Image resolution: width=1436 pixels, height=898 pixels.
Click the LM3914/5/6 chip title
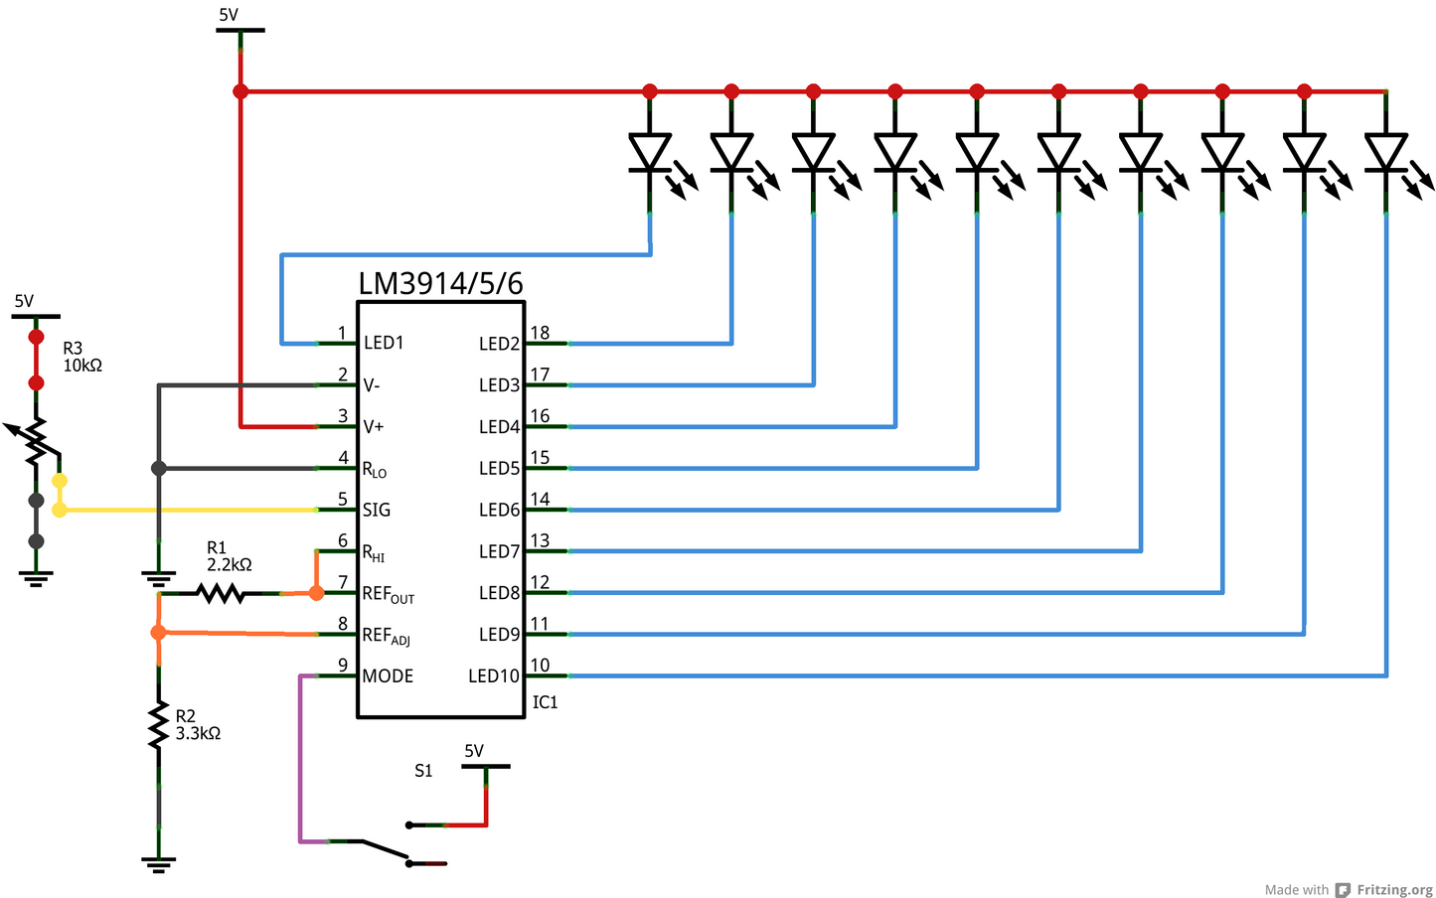click(440, 283)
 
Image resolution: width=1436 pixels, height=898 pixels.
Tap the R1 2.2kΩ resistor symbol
click(220, 593)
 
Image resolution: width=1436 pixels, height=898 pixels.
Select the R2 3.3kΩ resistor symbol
click(158, 725)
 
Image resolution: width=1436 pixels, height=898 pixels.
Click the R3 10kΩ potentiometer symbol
click(36, 442)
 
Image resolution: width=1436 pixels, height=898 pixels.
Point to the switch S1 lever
click(385, 849)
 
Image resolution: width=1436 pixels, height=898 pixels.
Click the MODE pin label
click(388, 676)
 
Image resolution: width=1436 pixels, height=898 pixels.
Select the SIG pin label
click(377, 511)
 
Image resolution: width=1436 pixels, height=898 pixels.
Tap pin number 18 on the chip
click(540, 333)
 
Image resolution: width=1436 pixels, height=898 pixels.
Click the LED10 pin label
click(494, 676)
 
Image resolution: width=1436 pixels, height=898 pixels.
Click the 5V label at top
click(229, 15)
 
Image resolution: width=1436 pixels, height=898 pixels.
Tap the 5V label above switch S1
click(474, 751)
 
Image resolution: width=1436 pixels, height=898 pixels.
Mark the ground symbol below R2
click(158, 864)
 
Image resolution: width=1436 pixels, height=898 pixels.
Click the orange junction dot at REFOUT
click(316, 593)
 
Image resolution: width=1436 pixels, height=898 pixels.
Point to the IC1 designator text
click(545, 702)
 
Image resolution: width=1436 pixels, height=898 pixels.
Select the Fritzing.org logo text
click(1394, 890)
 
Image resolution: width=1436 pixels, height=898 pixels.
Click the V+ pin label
click(374, 427)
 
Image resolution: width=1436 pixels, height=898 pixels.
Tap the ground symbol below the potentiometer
click(36, 578)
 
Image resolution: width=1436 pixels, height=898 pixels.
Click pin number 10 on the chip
click(540, 666)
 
